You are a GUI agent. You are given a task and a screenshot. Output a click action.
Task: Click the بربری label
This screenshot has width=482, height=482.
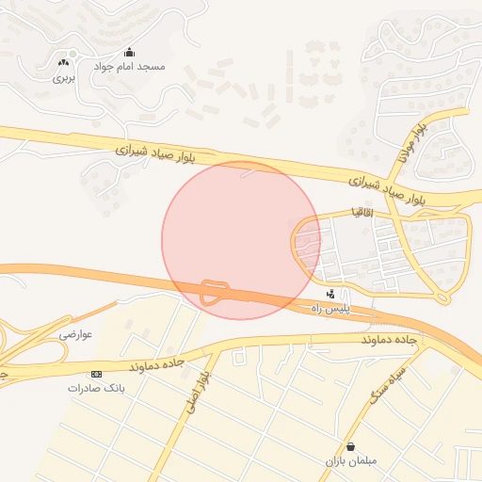tap(63, 79)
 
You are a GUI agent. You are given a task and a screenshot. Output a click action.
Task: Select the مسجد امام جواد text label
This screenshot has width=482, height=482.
tap(129, 68)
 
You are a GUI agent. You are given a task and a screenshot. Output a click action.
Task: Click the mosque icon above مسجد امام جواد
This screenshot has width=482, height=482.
tap(129, 52)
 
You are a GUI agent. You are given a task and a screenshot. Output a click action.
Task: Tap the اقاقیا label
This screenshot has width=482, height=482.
tap(362, 213)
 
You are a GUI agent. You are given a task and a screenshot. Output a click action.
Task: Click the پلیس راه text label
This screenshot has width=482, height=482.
tap(329, 309)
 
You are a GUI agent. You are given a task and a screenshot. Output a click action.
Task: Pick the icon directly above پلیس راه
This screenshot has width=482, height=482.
tap(329, 294)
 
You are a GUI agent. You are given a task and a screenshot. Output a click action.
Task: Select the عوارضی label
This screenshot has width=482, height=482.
tap(77, 334)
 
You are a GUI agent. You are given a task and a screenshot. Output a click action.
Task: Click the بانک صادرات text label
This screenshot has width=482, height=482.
tap(97, 388)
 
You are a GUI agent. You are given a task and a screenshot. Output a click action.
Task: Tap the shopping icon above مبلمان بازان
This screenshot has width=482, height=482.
tap(350, 447)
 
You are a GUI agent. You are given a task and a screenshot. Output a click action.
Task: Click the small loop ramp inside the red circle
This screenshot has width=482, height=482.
tap(215, 292)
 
